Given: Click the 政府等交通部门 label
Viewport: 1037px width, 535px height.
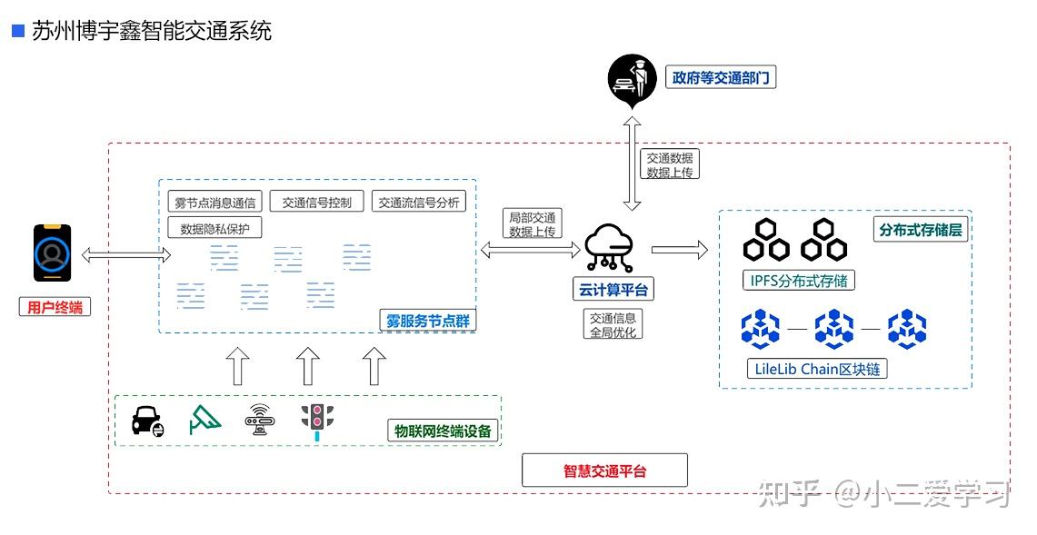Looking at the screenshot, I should (x=720, y=78).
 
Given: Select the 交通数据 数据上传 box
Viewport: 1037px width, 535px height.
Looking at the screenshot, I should (x=669, y=164).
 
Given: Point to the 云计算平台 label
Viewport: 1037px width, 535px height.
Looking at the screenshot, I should (x=614, y=290).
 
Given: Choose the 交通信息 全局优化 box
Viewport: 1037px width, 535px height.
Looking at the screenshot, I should (x=613, y=324).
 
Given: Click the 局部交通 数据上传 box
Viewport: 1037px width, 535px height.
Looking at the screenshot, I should (x=532, y=223).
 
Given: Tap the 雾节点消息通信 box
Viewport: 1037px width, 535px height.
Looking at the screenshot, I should (x=214, y=202).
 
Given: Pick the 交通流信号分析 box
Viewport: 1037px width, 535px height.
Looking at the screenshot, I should (x=419, y=202).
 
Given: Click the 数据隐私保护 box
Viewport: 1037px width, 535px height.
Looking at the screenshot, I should (x=214, y=228).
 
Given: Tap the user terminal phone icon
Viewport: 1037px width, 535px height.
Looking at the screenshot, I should (x=53, y=253).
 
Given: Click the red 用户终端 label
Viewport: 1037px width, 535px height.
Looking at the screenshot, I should (x=55, y=307).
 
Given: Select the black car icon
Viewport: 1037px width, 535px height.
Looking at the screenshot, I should (x=147, y=421).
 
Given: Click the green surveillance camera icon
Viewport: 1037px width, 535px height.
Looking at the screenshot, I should (x=204, y=420).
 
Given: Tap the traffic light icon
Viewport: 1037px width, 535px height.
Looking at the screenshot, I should (x=317, y=421).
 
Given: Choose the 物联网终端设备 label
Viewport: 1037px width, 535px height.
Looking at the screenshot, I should (x=443, y=431).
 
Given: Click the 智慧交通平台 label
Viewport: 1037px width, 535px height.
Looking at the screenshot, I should (x=604, y=471).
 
